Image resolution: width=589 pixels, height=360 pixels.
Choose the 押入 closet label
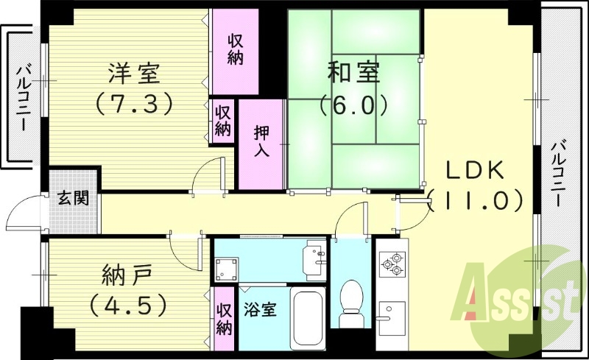pos(261,143)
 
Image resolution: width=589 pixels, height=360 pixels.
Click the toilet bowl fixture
pos(352,301)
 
